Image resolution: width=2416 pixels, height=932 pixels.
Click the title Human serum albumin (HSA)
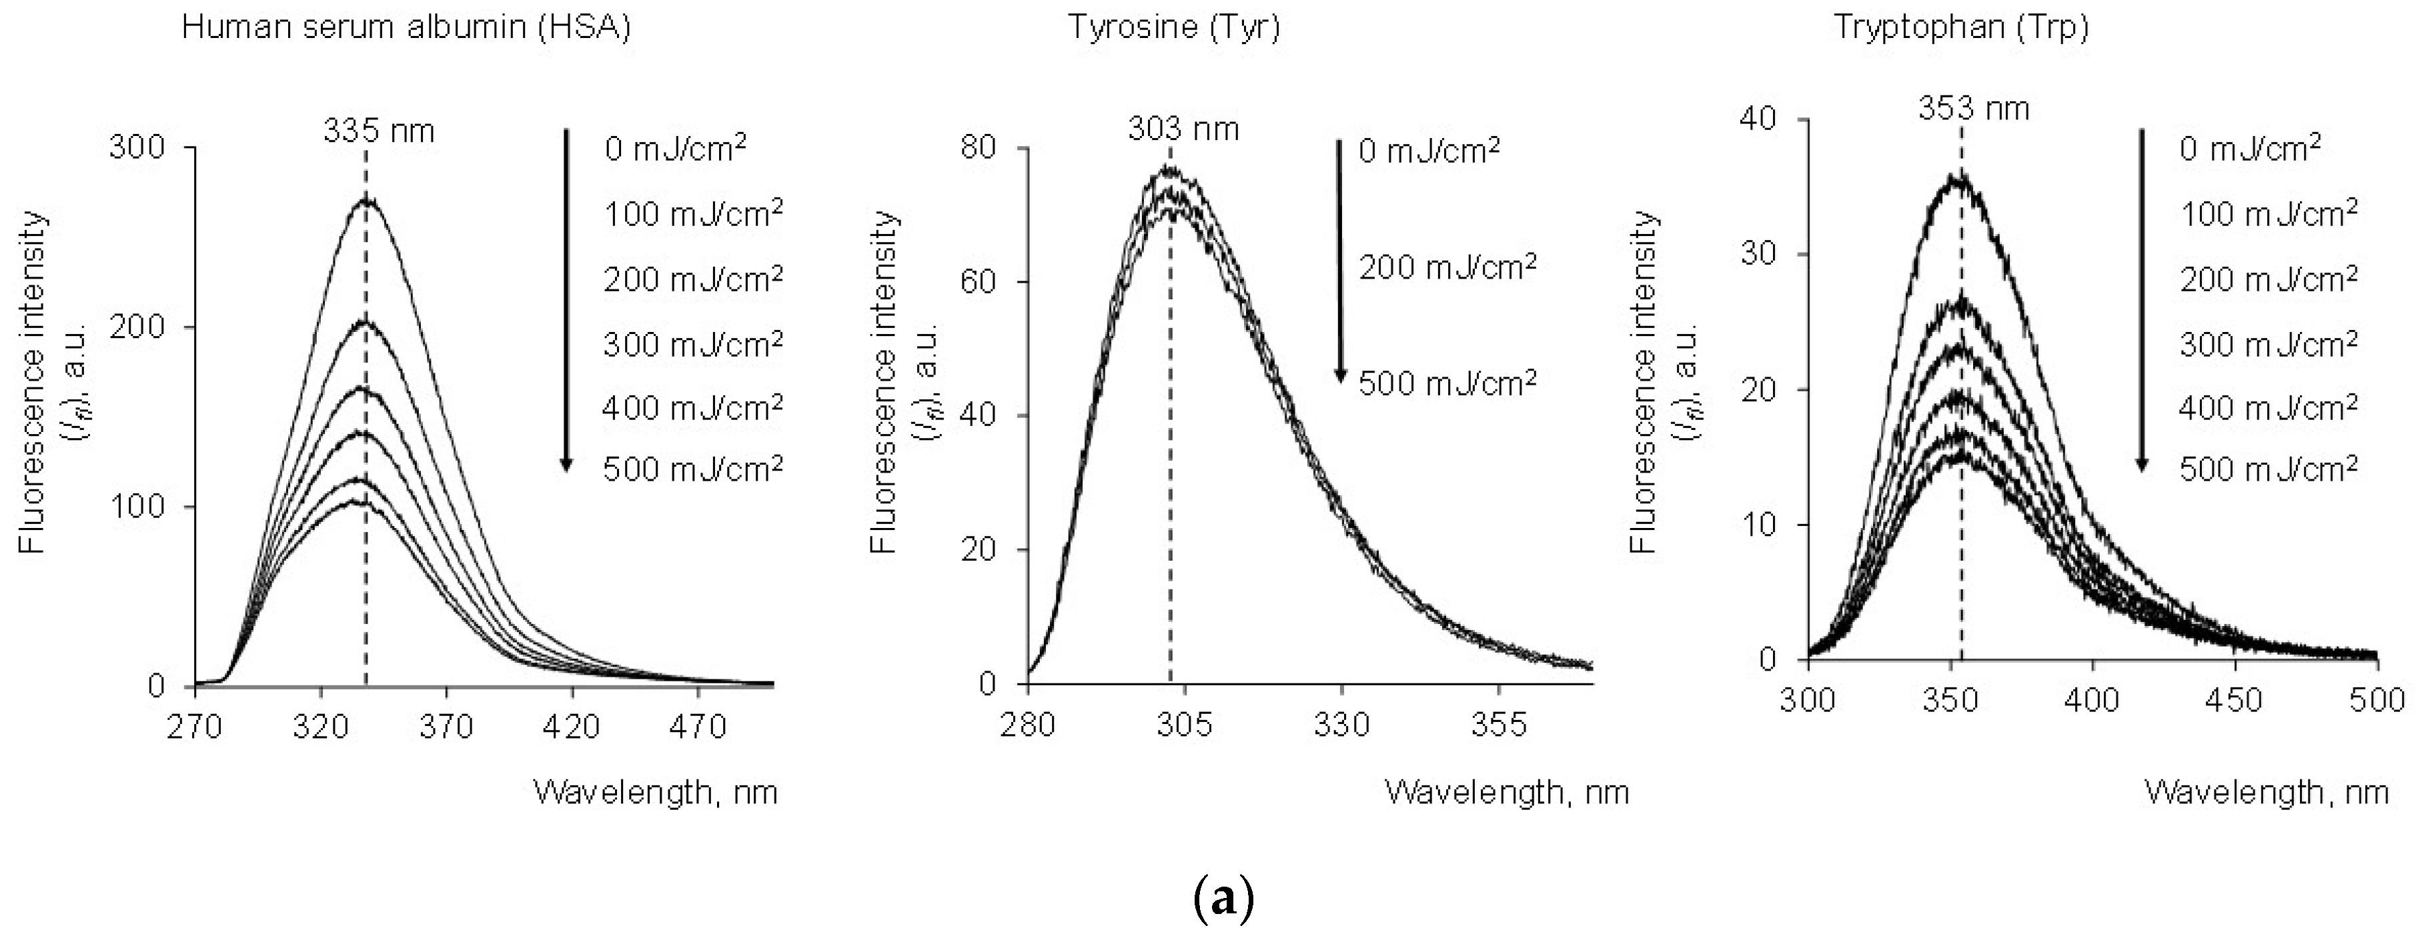pyautogui.click(x=406, y=27)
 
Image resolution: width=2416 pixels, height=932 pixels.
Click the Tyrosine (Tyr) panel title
pyautogui.click(x=1173, y=27)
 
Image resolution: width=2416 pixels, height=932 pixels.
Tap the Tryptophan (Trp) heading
pyautogui.click(x=1961, y=27)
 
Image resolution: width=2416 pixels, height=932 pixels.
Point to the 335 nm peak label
pyautogui.click(x=379, y=130)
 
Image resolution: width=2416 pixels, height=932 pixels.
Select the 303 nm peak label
pyautogui.click(x=1183, y=129)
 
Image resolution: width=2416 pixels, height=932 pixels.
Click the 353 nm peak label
pyautogui.click(x=1973, y=109)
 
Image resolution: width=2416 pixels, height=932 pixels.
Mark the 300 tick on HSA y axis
pyautogui.click(x=136, y=147)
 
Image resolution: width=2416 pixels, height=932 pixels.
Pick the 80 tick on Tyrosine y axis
pyautogui.click(x=979, y=148)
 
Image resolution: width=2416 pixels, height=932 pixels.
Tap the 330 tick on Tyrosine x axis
pyautogui.click(x=1342, y=725)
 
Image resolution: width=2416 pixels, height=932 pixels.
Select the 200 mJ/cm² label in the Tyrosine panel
pyautogui.click(x=1447, y=268)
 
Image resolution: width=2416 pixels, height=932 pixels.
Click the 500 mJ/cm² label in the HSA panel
pyautogui.click(x=692, y=469)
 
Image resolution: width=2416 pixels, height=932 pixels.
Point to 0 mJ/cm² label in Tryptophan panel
pyautogui.click(x=2249, y=148)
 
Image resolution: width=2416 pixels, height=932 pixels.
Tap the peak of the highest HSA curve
pyautogui.click(x=366, y=201)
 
